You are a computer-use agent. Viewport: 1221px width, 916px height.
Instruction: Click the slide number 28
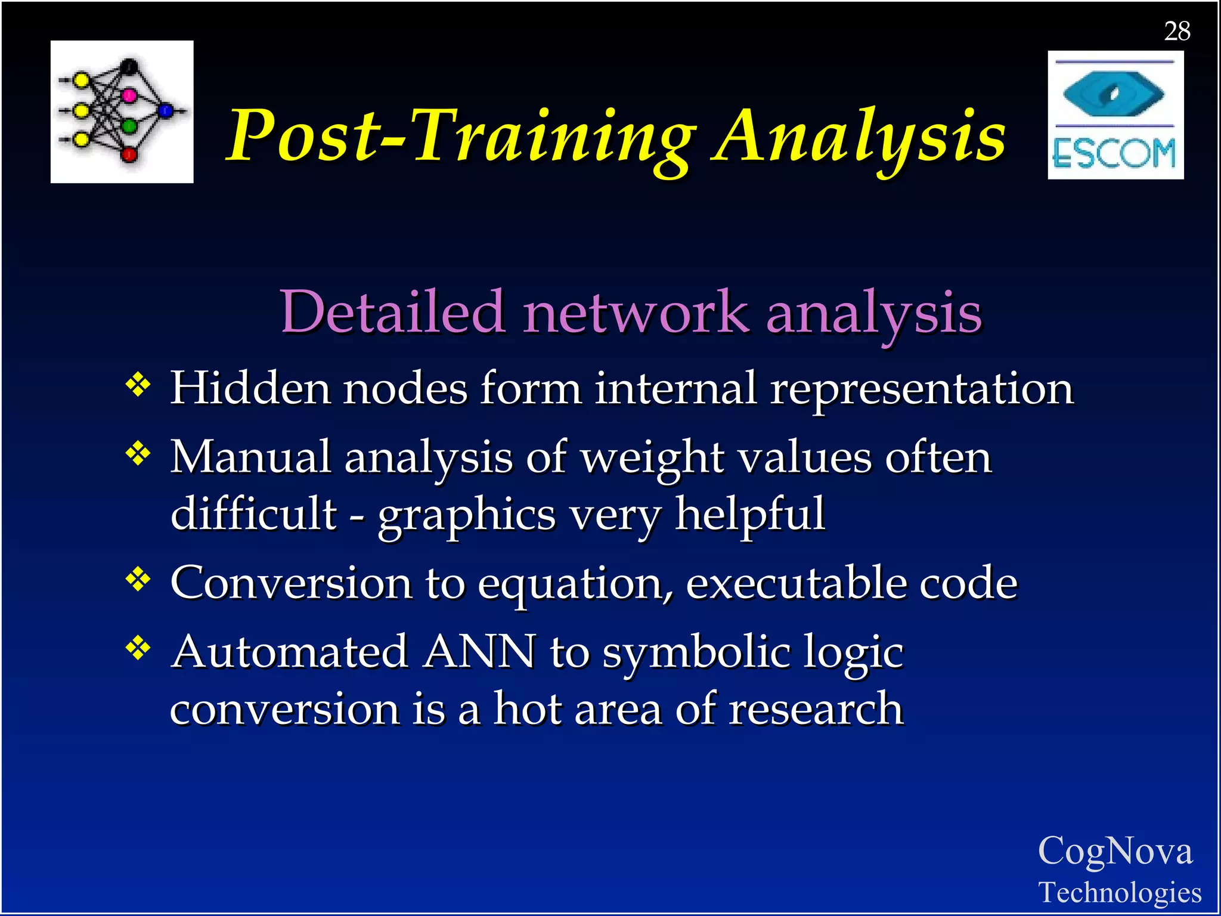click(1177, 32)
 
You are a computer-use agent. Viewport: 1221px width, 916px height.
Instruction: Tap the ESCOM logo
click(1115, 115)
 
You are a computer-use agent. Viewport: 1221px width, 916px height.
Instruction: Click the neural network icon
click(122, 112)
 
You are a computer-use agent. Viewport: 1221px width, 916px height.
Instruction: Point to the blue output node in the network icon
click(166, 110)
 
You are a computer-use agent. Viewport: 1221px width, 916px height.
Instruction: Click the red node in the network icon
click(129, 155)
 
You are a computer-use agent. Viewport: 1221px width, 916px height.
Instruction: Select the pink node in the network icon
click(129, 95)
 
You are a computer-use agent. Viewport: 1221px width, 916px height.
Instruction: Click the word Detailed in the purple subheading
click(393, 312)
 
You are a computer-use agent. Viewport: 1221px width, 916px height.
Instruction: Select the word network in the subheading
click(636, 312)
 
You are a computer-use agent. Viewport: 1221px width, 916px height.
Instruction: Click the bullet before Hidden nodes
click(138, 385)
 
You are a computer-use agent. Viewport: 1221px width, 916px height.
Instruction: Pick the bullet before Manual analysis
click(138, 454)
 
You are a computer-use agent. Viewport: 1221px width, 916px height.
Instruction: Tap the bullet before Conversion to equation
click(138, 579)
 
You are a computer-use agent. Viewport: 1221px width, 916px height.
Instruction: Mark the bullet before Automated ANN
click(138, 648)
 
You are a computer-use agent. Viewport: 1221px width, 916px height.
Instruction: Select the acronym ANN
click(479, 652)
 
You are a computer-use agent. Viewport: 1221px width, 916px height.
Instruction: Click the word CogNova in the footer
click(1115, 851)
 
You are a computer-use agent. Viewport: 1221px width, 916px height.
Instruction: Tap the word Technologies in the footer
click(1120, 893)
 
